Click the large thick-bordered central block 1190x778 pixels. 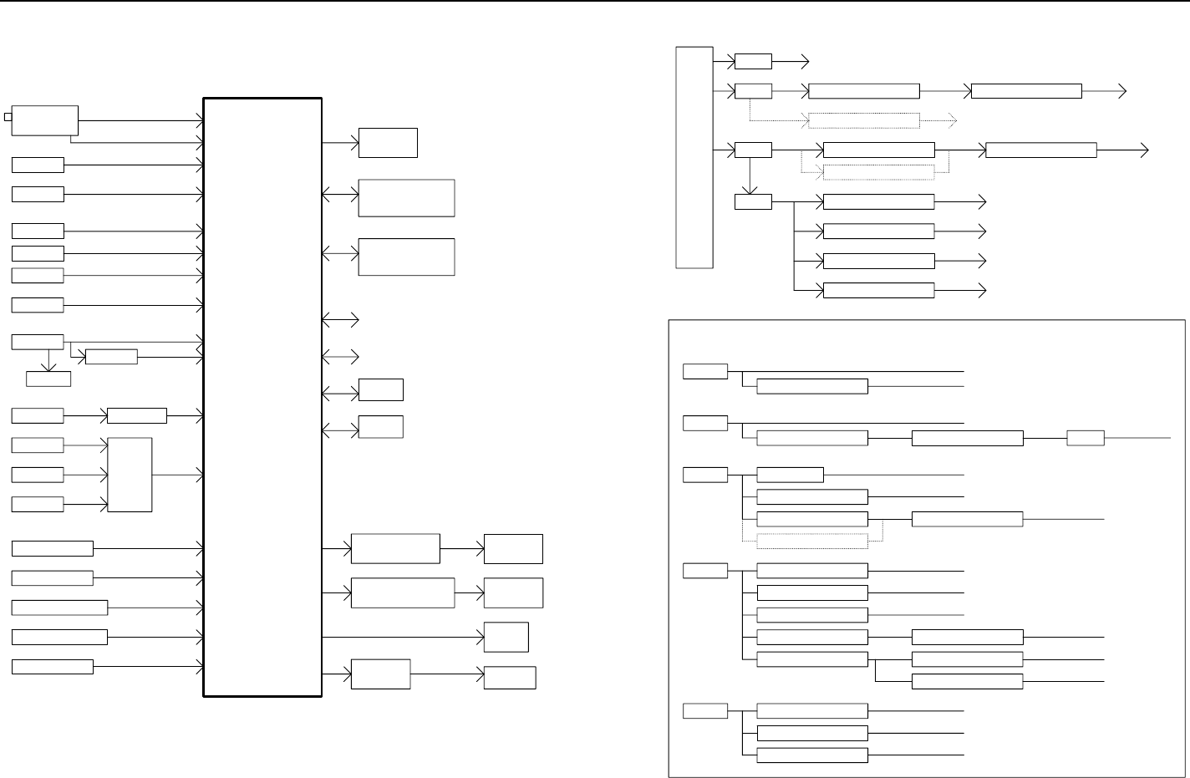point(262,396)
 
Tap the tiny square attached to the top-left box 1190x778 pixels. point(8,116)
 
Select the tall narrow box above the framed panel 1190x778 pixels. point(694,157)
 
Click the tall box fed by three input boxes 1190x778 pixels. point(130,474)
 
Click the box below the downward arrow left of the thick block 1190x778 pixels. point(48,379)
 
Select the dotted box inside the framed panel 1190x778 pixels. point(811,541)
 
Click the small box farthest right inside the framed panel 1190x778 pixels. point(1086,438)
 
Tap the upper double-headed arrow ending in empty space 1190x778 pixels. point(340,319)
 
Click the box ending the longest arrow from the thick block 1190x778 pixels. point(506,637)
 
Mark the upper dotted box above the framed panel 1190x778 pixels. point(864,120)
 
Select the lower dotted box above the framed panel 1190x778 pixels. point(878,172)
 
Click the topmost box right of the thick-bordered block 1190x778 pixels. point(388,143)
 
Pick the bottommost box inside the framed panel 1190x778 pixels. point(811,755)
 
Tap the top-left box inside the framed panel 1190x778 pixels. point(704,371)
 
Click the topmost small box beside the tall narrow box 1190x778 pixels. point(753,61)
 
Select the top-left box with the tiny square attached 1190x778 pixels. point(46,120)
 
